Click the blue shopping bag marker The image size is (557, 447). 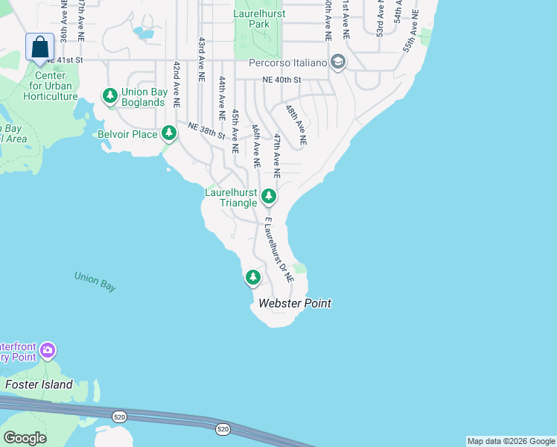point(39,47)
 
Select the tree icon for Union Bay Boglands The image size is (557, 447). point(110,95)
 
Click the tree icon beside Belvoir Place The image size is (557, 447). point(170,133)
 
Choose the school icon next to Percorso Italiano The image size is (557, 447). point(337,62)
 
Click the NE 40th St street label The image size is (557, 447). point(281,80)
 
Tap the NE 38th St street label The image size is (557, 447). point(206,131)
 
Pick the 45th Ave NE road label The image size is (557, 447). point(235,131)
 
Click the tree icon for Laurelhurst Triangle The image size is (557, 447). point(269,197)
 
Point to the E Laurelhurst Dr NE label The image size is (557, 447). point(278,250)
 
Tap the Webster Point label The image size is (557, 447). point(294,303)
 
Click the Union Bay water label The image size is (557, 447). point(95,282)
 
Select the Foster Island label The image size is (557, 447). point(39,384)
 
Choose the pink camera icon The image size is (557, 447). point(48,349)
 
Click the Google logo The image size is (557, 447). point(25,438)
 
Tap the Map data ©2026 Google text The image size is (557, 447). point(511,441)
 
